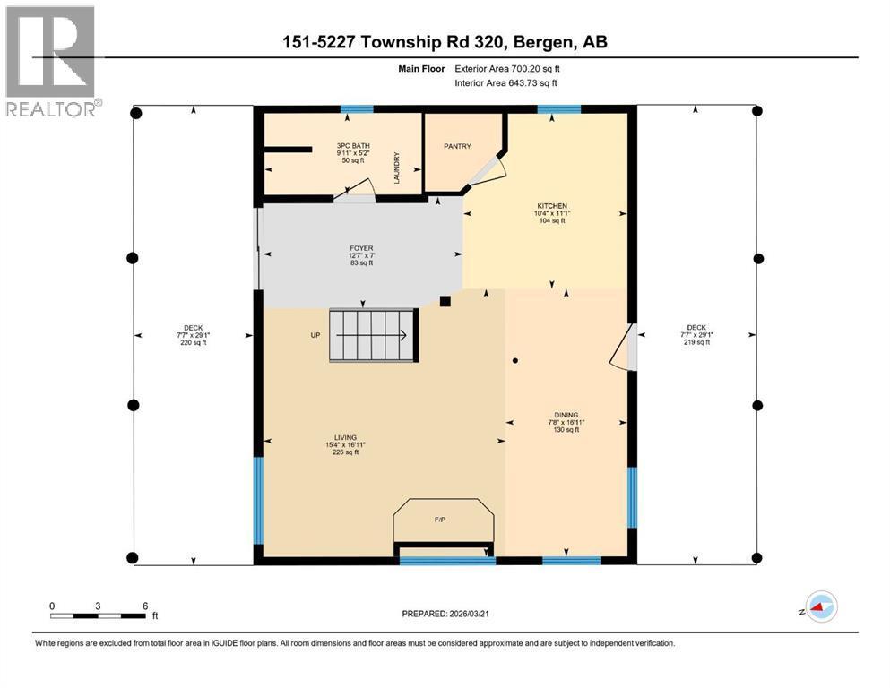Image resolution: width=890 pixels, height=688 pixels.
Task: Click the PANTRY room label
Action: (x=457, y=147)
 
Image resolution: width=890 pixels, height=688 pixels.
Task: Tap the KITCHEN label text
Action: (x=553, y=206)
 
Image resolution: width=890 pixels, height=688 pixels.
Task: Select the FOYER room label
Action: (x=361, y=248)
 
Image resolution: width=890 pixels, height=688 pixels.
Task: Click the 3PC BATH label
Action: (x=353, y=145)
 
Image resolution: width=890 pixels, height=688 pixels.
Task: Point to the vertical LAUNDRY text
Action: (x=395, y=168)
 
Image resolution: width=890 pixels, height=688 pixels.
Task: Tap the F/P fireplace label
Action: (x=441, y=519)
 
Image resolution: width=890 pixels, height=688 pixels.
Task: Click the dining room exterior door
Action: (x=624, y=348)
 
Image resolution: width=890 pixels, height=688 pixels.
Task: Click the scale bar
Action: (x=99, y=615)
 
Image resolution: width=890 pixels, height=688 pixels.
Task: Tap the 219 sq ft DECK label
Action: (x=696, y=335)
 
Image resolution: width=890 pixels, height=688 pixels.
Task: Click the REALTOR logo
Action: (x=52, y=62)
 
